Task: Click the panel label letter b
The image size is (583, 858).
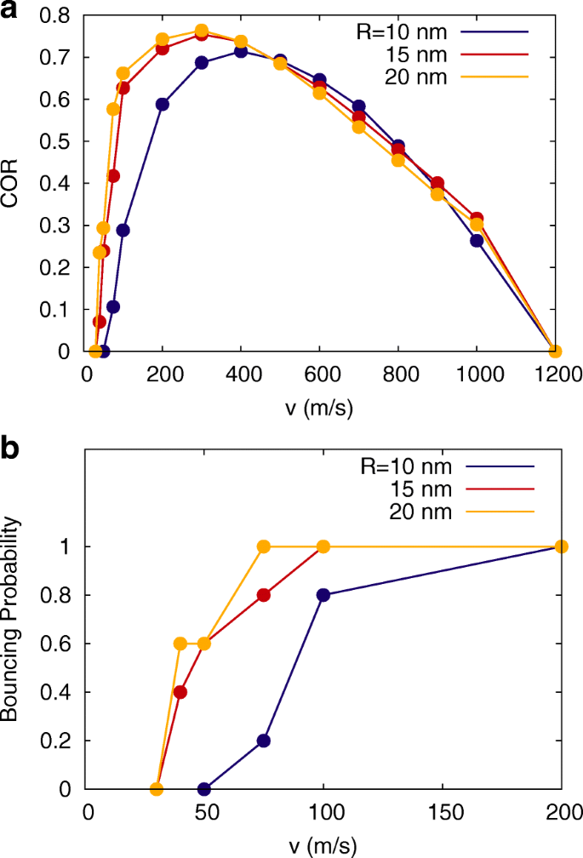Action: [11, 449]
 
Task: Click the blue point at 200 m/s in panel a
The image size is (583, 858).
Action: [163, 105]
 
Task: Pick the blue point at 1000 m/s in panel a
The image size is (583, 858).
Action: [477, 241]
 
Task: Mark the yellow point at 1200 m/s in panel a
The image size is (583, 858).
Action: [555, 351]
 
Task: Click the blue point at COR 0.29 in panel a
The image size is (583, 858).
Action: [123, 230]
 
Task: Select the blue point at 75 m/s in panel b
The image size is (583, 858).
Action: [264, 741]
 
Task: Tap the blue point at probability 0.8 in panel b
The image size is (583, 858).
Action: [323, 595]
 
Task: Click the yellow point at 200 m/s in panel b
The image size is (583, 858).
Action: [561, 546]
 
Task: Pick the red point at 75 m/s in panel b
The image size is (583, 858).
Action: [264, 595]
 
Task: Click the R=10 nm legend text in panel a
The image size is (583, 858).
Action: [402, 32]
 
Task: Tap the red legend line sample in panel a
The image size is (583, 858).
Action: [494, 54]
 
